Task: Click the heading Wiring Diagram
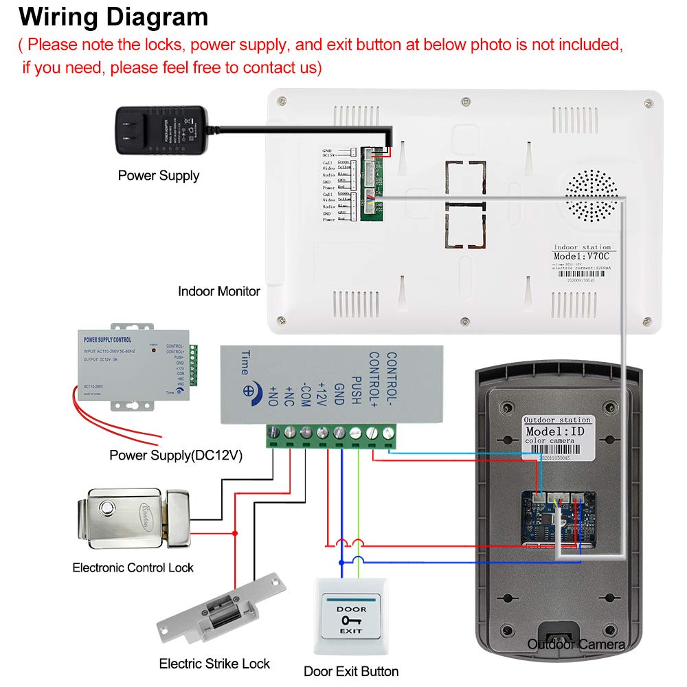pos(113,16)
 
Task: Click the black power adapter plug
pos(158,131)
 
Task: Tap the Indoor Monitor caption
pos(219,291)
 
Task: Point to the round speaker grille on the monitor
pos(592,195)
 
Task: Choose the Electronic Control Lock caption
pos(133,567)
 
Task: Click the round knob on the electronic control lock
pos(106,509)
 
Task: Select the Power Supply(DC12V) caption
pos(175,455)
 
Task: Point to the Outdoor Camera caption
pos(576,644)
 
